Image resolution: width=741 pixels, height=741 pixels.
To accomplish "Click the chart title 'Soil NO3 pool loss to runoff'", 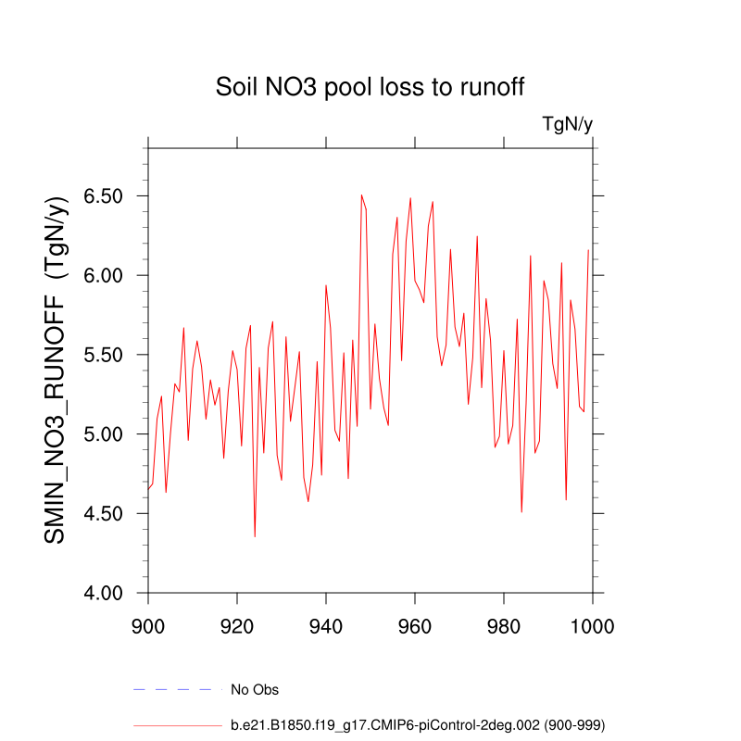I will pos(370,87).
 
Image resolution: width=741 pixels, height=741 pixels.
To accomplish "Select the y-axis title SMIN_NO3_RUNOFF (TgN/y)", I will pos(57,370).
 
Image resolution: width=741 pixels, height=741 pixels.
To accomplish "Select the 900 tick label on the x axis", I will pos(148,625).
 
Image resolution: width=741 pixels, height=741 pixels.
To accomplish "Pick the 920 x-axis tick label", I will pos(237,625).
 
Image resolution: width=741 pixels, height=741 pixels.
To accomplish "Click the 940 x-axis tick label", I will pos(326,625).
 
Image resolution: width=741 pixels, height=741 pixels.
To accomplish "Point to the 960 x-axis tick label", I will pos(415,625).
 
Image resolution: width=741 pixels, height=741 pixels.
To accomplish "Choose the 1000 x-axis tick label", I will pos(591,625).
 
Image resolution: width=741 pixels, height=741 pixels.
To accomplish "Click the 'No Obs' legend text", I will pos(255,690).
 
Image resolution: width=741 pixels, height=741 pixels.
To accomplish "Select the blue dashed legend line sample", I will pos(178,689).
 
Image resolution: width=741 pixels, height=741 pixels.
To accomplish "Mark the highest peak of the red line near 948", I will pos(361,195).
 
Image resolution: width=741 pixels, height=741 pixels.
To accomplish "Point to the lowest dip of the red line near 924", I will pos(255,536).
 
